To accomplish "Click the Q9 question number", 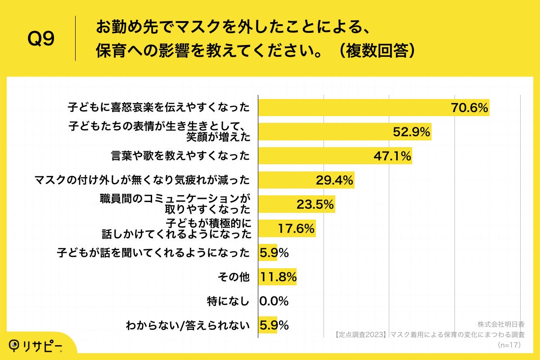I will pos(41,39).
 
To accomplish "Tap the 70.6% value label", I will pos(469,108).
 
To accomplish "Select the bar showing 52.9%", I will pos(344,132).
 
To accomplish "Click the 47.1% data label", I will pos(392,156).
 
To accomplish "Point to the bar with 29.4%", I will pos(306,180).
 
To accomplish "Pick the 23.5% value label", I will pos(315,205).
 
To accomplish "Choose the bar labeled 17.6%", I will pos(287,229).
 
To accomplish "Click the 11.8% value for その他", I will pos(278,277).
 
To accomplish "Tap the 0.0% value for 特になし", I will pos(274,301).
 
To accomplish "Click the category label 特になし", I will pos(231,301).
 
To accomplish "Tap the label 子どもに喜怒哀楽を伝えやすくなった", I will pos(158,108).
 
